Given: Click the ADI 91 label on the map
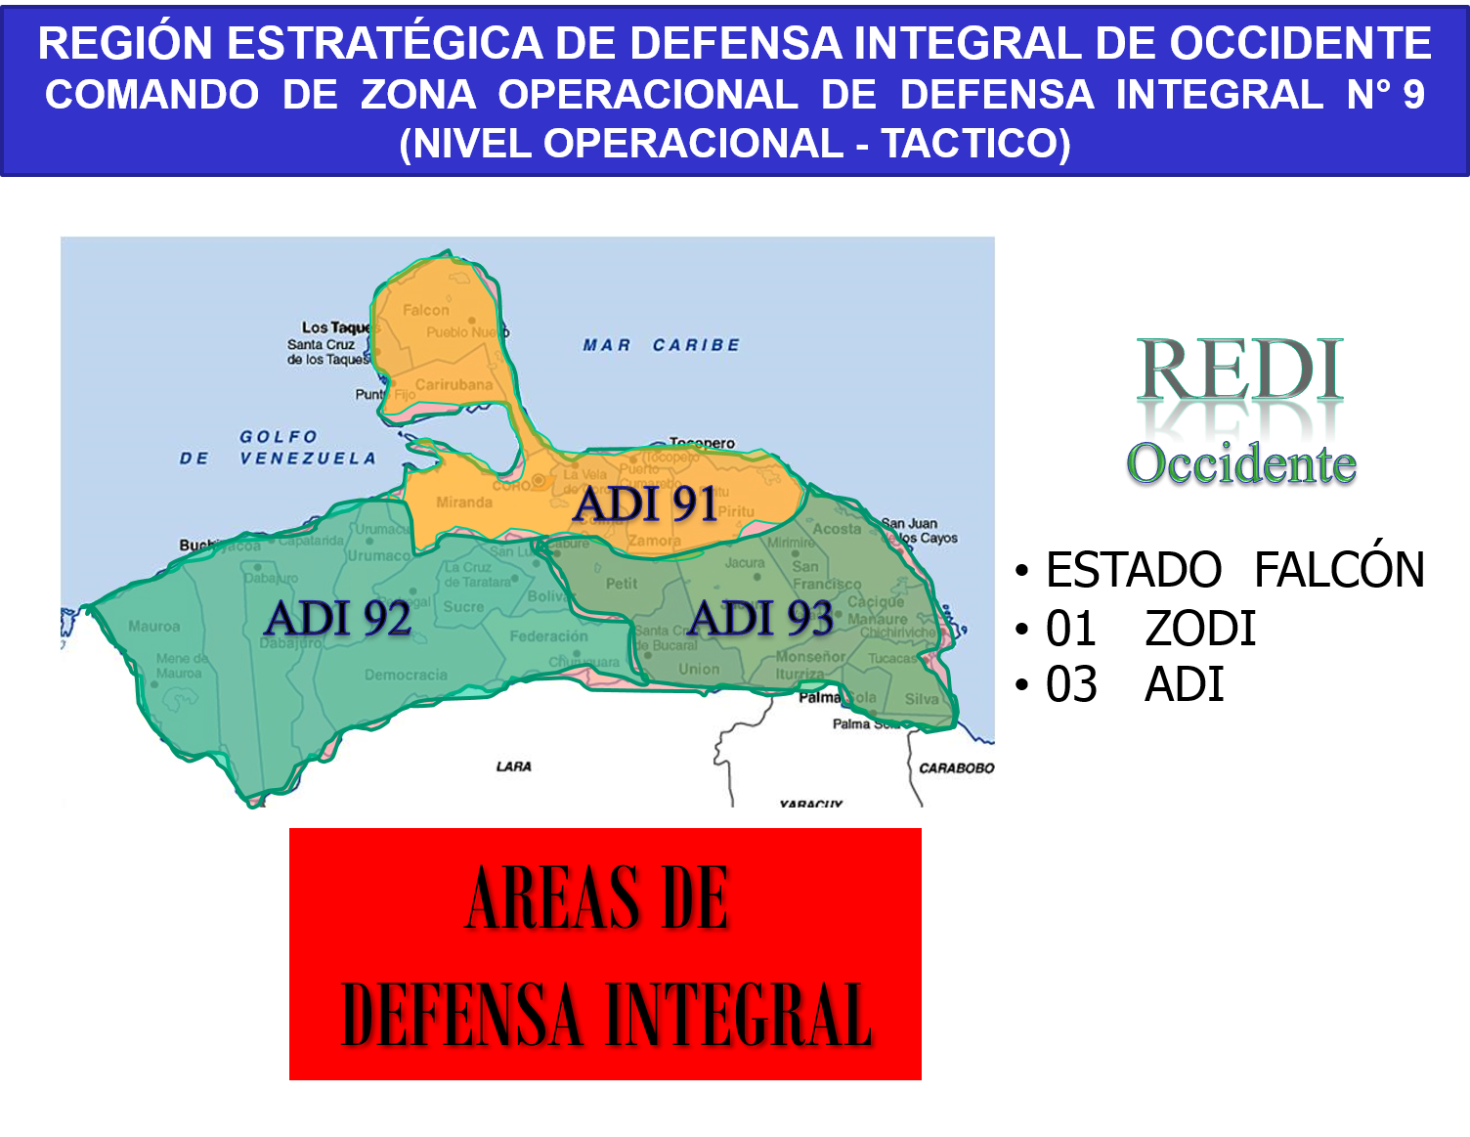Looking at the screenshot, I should [x=645, y=504].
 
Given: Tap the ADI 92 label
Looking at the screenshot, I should [x=337, y=619].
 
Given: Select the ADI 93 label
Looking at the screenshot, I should [x=760, y=619].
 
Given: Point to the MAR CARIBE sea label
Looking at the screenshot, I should [x=662, y=345].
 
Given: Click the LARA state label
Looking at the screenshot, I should [x=513, y=766].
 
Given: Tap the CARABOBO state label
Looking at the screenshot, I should [x=956, y=768].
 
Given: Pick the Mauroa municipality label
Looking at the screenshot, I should [x=153, y=627].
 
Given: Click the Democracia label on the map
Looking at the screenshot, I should [x=406, y=675].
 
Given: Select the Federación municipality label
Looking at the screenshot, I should [x=548, y=636].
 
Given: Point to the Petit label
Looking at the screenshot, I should [x=622, y=584].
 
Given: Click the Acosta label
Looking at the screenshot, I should [x=837, y=529].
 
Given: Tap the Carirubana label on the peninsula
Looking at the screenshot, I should [x=454, y=385].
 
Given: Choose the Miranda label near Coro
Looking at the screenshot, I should [x=464, y=503].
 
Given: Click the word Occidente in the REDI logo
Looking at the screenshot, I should [x=1241, y=463].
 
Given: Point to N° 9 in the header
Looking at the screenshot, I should [x=1385, y=95].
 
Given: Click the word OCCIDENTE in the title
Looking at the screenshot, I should [x=1300, y=44].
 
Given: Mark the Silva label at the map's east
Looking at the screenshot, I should [x=921, y=699].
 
